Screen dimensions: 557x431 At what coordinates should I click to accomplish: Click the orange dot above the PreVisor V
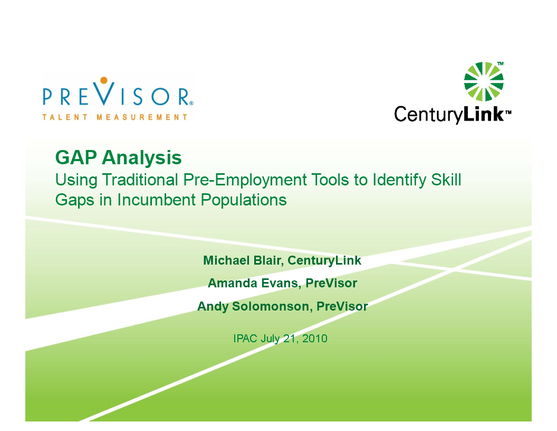[104, 80]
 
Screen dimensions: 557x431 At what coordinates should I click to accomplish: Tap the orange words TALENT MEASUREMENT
[115, 117]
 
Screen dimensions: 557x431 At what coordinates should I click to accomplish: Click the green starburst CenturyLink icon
[484, 81]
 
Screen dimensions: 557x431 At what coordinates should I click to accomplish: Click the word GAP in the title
[76, 157]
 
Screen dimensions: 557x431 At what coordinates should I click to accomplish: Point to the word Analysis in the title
[142, 157]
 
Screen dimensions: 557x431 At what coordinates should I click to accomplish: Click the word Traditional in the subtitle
[140, 180]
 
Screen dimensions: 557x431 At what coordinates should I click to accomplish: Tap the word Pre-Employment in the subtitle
[245, 180]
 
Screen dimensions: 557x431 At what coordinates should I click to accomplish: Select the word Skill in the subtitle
[446, 180]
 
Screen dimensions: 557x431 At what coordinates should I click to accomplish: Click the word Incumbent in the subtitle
[156, 200]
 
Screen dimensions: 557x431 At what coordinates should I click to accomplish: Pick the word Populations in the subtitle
[244, 200]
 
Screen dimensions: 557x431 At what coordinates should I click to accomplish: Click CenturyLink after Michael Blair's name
[324, 261]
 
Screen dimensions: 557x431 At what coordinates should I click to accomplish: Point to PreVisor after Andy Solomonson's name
[342, 306]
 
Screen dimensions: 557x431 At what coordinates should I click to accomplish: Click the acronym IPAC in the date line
[245, 338]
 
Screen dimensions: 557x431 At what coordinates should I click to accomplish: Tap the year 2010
[315, 338]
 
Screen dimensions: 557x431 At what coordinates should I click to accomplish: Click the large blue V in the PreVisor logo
[104, 93]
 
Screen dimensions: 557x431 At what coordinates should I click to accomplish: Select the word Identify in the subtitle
[399, 180]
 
